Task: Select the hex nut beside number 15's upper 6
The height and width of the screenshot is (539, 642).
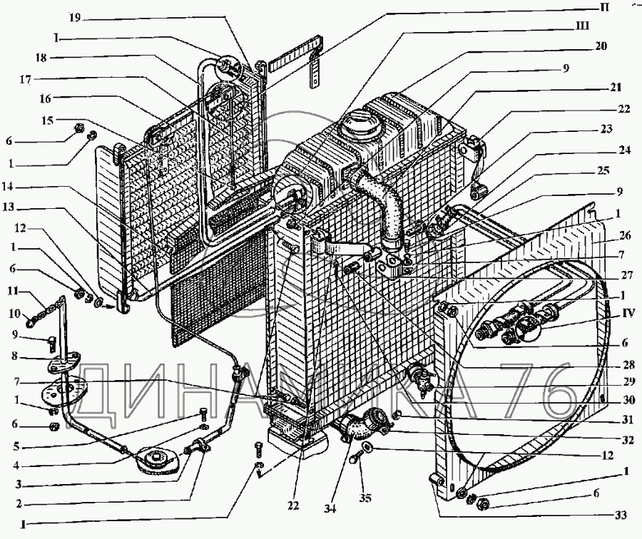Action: pos(77,129)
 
